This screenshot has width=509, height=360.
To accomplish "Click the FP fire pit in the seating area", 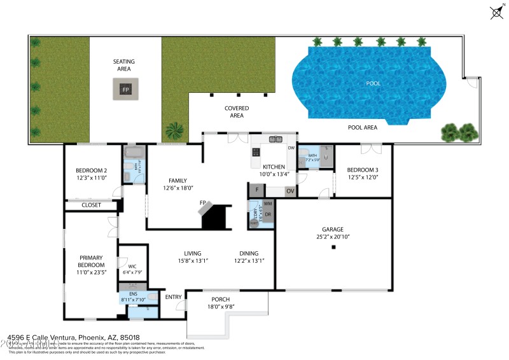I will point(126,89).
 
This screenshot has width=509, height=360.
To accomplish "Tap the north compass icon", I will point(496,12).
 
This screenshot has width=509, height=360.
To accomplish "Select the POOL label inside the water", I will point(373,83).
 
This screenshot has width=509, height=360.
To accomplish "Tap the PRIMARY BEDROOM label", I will point(91,261).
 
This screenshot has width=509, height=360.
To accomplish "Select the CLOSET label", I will point(91,205).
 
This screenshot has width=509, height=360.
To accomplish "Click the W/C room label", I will point(132,267).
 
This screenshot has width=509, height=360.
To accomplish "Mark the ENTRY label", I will point(173,297).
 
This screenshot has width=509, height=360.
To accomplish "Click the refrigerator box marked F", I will point(256,190).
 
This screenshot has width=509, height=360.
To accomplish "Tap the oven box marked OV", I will point(289,191).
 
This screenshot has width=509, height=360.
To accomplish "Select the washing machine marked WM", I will point(268,204).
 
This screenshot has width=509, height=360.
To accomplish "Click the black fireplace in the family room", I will point(215,217).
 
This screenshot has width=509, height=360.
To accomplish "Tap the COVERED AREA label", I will point(237,112).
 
